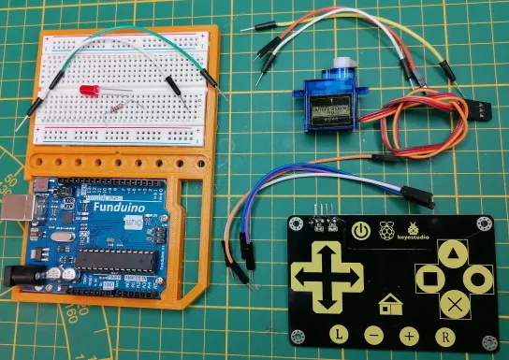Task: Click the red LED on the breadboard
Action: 91,92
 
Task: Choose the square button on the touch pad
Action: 429,277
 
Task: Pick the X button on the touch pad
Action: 453,303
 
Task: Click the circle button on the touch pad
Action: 478,277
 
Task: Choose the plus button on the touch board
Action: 409,335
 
